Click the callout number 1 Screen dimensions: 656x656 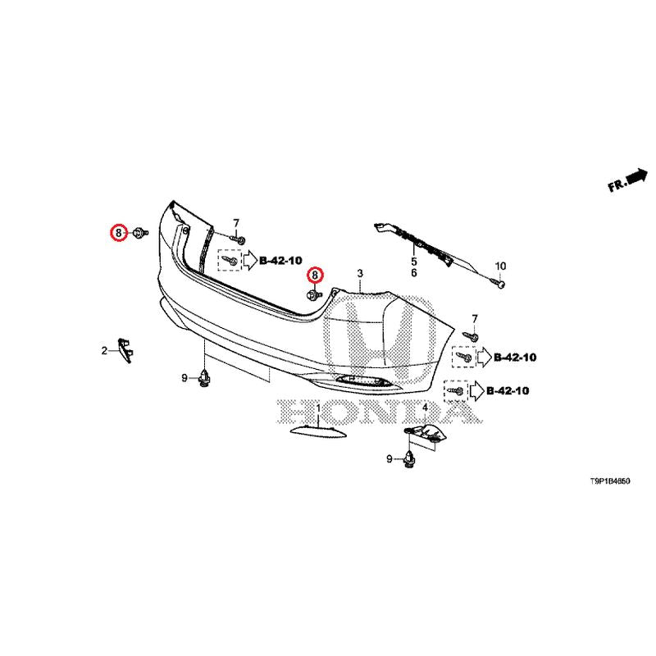pos(319,419)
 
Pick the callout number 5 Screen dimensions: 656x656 pos(414,261)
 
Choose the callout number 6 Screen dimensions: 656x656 pos(414,272)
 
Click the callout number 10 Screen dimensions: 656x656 pos(500,266)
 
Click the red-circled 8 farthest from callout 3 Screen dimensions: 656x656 pos(120,233)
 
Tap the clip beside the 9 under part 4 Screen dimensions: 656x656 pos(409,459)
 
